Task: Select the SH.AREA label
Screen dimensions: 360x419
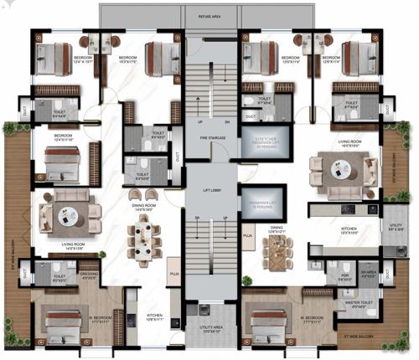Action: click(x=366, y=273)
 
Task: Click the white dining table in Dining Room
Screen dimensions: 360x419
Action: click(x=145, y=243)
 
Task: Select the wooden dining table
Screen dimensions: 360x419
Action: click(x=276, y=247)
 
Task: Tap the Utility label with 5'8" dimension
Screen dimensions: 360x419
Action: click(x=396, y=227)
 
